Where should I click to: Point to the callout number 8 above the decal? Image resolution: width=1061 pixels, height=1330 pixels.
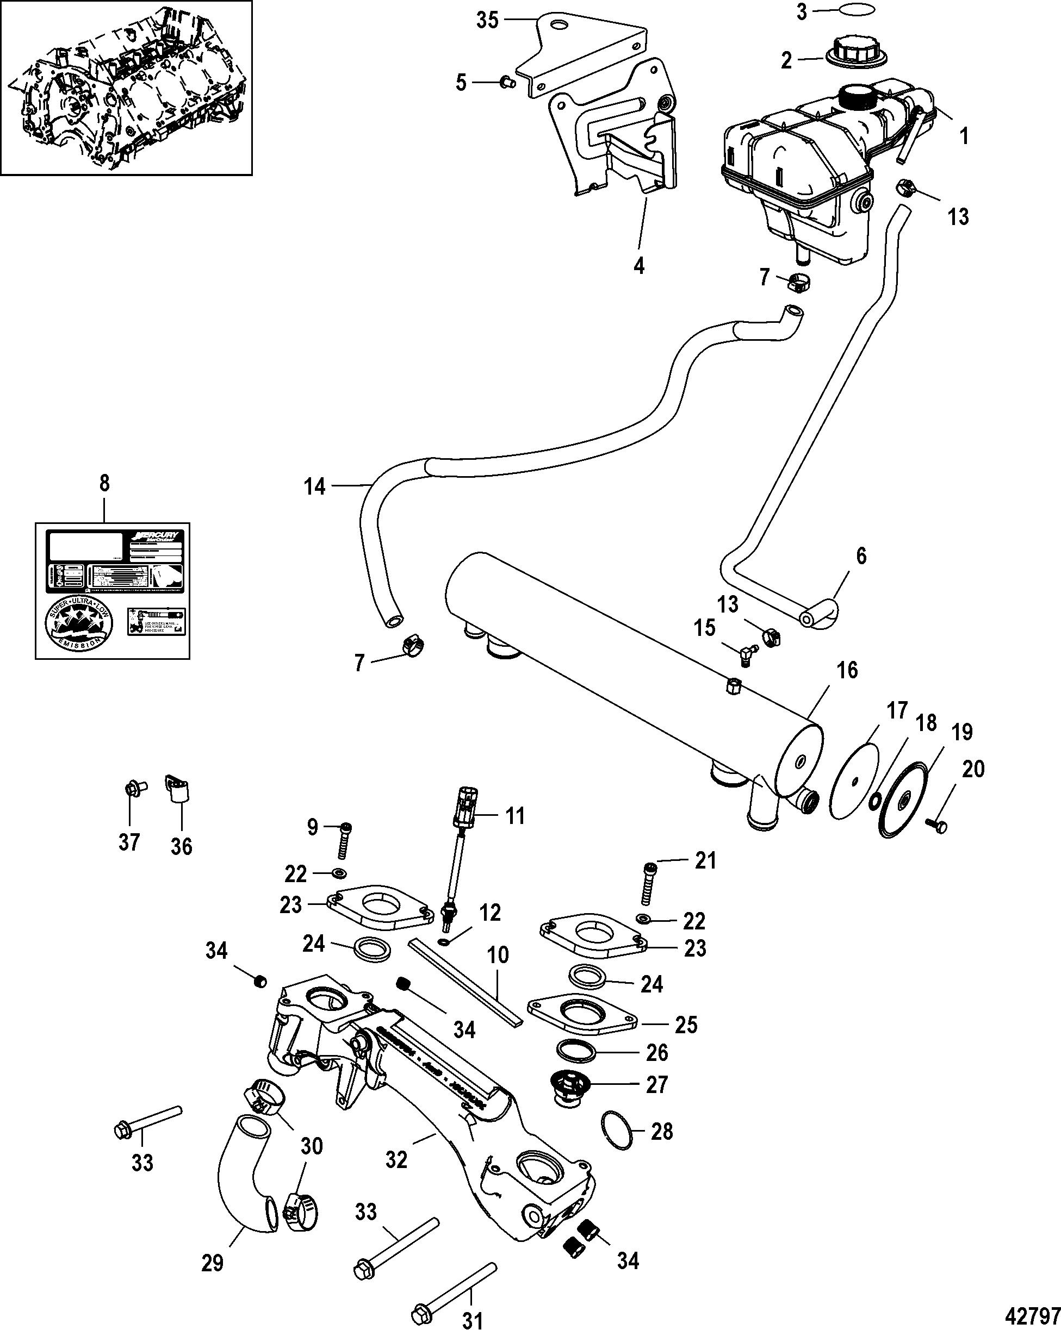coord(104,483)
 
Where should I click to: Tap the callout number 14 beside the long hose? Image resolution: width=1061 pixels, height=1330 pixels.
coord(315,486)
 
